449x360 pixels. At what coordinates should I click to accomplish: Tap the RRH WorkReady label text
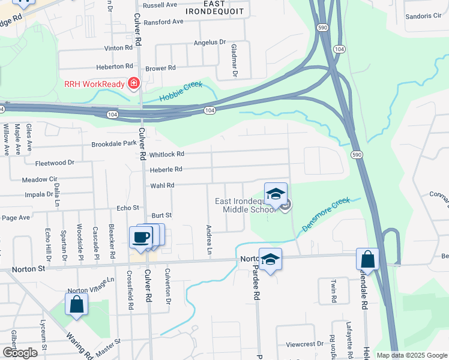click(x=95, y=85)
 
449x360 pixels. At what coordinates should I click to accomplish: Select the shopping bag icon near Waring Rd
click(x=77, y=304)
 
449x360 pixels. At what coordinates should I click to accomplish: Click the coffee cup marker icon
click(x=141, y=236)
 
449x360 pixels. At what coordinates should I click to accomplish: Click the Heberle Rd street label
click(x=166, y=170)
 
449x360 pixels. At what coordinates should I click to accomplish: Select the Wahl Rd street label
click(x=161, y=186)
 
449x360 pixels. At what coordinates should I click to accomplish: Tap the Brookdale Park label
click(x=114, y=145)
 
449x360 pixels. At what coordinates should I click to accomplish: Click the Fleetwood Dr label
click(x=55, y=163)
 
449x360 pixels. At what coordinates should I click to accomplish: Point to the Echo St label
click(x=128, y=208)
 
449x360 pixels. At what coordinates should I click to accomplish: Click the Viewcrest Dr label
click(x=304, y=344)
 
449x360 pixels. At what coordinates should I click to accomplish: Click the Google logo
click(x=20, y=353)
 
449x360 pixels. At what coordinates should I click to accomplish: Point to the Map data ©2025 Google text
click(x=412, y=355)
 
